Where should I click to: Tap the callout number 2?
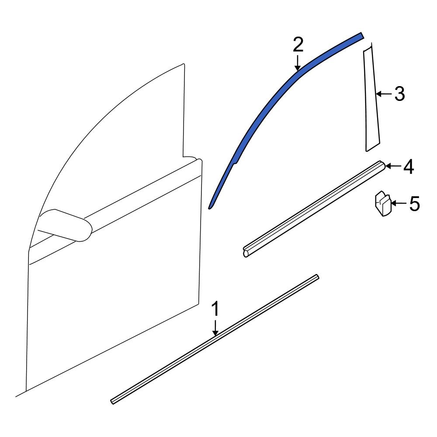[x=298, y=45]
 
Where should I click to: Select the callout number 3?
[x=399, y=94]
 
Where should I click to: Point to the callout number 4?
[x=408, y=166]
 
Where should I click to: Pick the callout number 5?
[x=414, y=204]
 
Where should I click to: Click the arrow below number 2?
[x=298, y=63]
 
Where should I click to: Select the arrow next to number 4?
[x=393, y=166]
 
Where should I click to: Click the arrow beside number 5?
[x=399, y=204]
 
